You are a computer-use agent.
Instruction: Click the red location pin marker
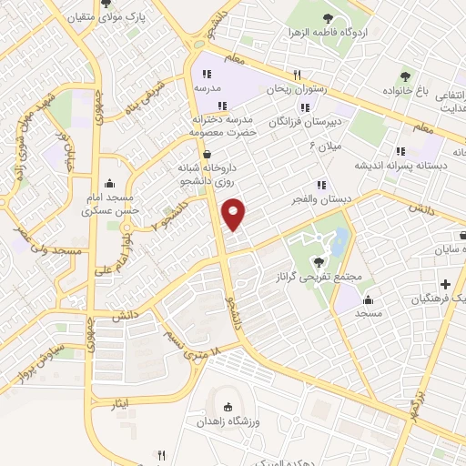coord(235,213)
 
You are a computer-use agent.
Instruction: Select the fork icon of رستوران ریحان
coord(297,76)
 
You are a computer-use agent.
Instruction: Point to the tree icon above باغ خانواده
coord(406,76)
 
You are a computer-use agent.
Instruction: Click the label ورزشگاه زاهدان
coord(224,423)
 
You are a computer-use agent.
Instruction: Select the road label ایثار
coord(107,401)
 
